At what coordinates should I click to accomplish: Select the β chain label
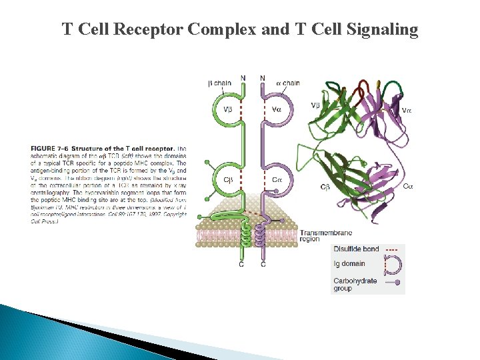click(x=219, y=83)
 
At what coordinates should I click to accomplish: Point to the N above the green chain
click(x=243, y=78)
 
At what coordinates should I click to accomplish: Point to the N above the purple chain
click(x=262, y=78)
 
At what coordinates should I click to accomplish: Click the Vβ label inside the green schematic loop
click(x=229, y=109)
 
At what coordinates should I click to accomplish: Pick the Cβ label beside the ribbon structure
click(x=325, y=188)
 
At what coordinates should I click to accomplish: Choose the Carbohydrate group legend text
click(x=355, y=285)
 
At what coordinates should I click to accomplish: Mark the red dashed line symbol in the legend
click(x=393, y=250)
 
